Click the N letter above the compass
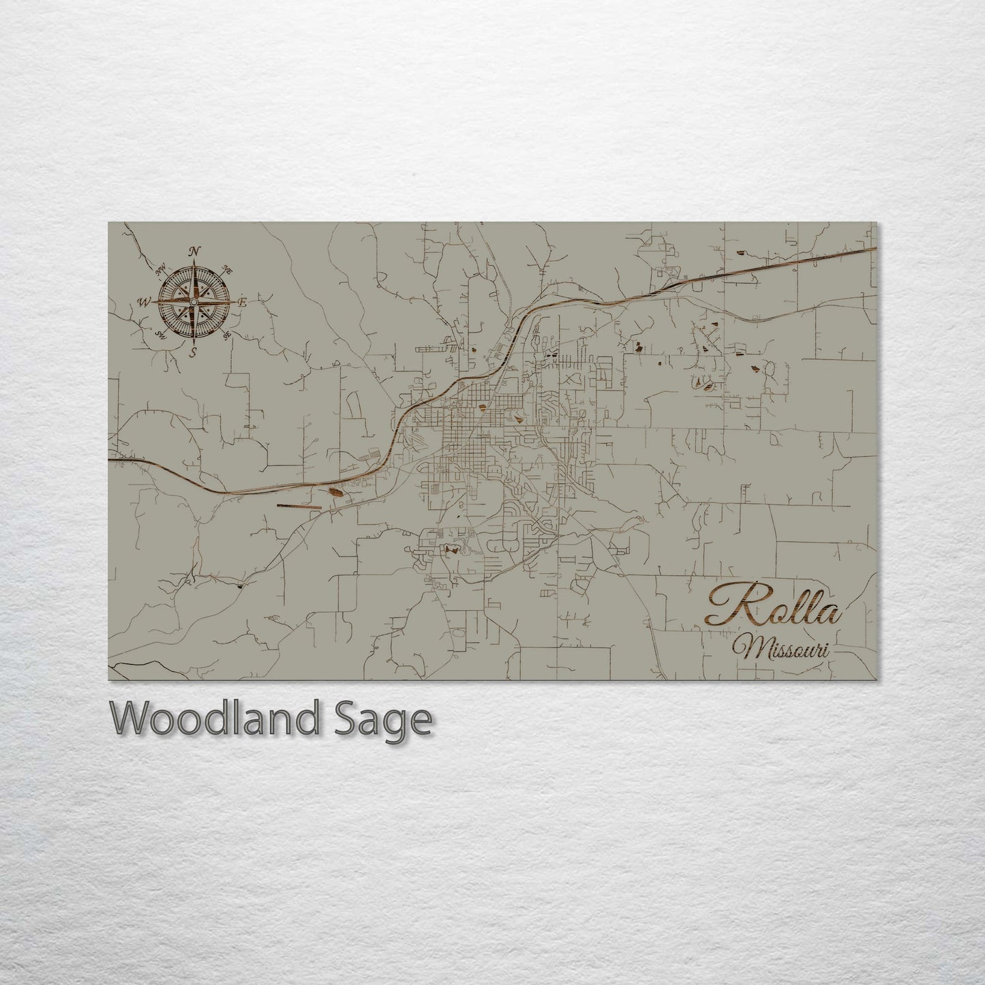194,252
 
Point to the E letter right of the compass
242,302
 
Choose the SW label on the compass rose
162,334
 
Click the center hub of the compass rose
194,301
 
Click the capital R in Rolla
729,605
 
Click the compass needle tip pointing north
194,262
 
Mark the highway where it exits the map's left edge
110,459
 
